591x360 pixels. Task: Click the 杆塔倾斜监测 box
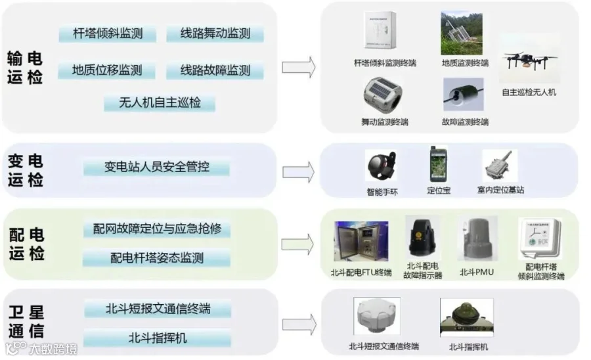(x=108, y=34)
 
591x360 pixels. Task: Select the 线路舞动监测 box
(x=215, y=34)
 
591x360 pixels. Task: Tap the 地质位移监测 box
(x=107, y=70)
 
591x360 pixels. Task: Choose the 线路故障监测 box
(x=215, y=70)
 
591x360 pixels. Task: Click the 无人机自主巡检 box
(x=160, y=103)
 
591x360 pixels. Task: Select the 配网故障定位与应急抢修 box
(x=157, y=229)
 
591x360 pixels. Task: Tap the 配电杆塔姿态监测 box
(x=157, y=258)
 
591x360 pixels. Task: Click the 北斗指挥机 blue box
(x=158, y=338)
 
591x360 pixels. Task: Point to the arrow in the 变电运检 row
(x=298, y=171)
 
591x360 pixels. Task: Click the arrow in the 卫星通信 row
(x=298, y=325)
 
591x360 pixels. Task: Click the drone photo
(x=529, y=60)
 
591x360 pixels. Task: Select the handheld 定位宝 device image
(x=433, y=164)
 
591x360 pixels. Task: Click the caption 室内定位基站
(x=500, y=190)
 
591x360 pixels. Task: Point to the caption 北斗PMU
(x=476, y=271)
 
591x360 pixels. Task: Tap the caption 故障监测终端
(x=465, y=122)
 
